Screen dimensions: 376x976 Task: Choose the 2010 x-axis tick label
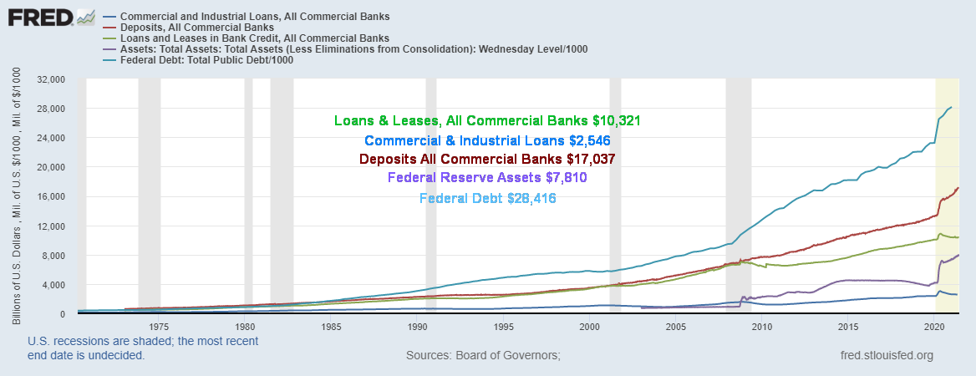(760, 327)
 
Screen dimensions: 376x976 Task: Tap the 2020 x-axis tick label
(935, 327)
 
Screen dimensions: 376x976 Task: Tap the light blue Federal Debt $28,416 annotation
(487, 198)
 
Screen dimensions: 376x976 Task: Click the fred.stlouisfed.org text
(886, 356)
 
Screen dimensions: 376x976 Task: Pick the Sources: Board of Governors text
(483, 356)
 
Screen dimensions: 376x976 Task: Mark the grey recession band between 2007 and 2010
(738, 192)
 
